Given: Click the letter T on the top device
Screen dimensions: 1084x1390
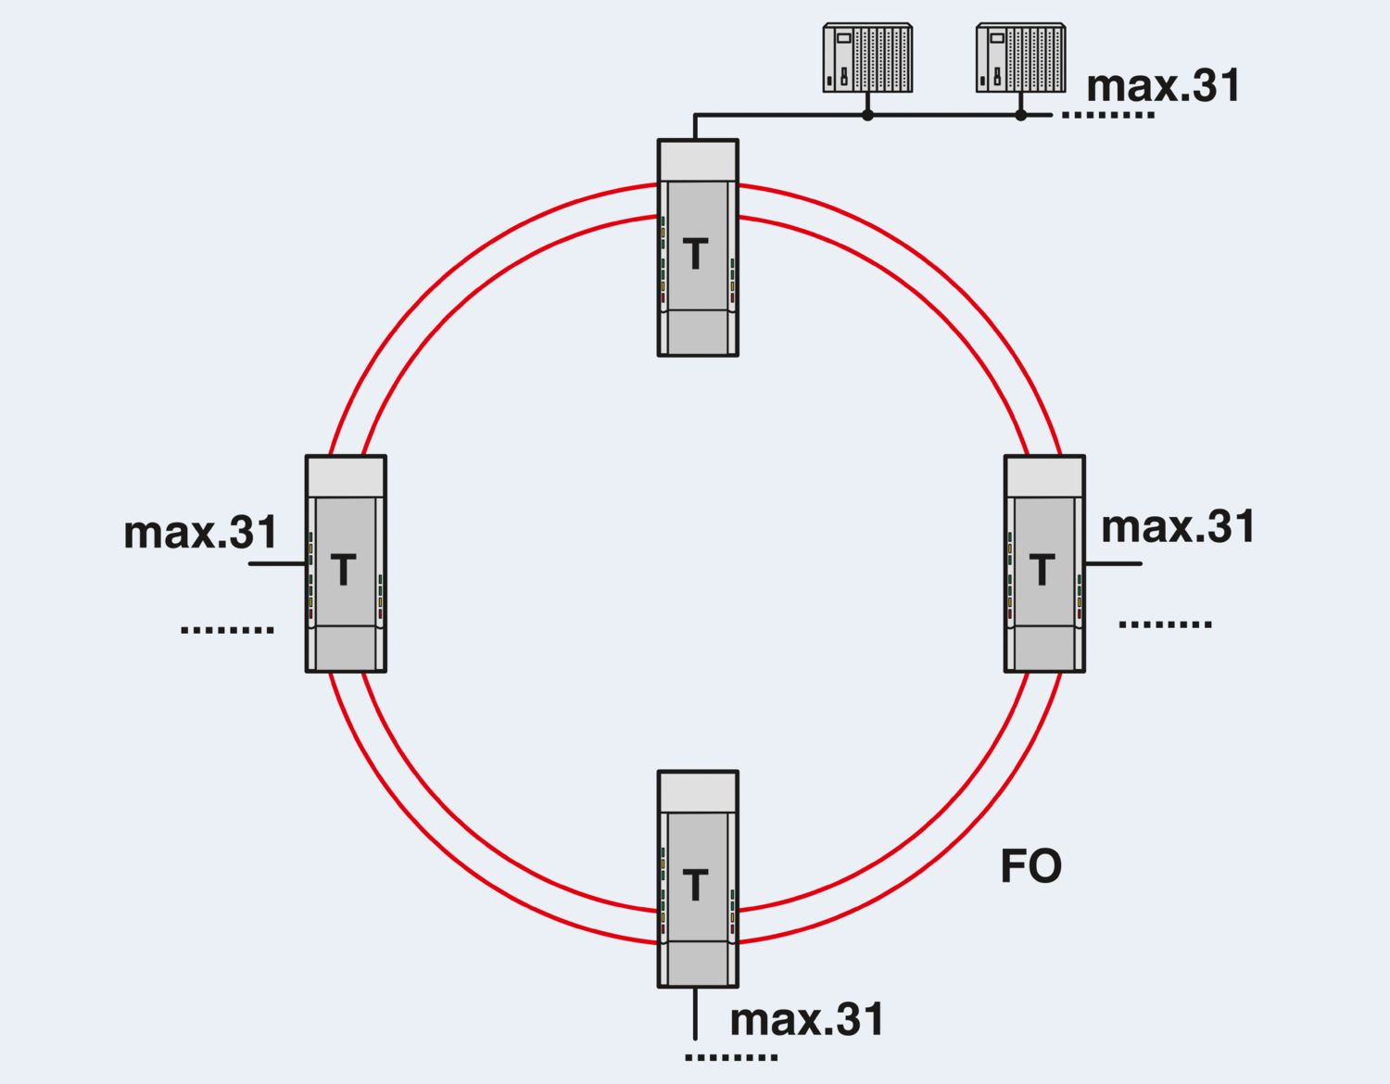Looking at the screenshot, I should [695, 254].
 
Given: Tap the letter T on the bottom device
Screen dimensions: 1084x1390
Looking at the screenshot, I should [695, 885].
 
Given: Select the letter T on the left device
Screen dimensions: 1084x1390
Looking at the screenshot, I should [344, 570].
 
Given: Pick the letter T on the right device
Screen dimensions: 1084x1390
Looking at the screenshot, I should [1042, 570].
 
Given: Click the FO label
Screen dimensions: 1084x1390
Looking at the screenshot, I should [1030, 867].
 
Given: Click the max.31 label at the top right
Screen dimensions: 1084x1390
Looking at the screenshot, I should [1163, 86].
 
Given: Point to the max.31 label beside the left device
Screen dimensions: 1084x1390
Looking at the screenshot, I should [201, 533].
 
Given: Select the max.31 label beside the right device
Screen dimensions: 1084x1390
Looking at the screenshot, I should [1178, 527].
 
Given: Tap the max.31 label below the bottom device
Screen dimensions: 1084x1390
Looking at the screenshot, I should [807, 1019].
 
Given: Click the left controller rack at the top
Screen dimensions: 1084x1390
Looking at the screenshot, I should [867, 58].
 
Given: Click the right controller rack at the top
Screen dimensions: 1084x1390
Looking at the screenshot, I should [1020, 58].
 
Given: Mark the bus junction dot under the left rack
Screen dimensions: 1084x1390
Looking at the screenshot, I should [867, 116].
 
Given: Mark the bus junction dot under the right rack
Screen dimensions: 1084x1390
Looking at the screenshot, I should [1020, 116].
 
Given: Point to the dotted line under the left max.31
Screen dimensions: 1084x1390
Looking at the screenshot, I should [227, 630].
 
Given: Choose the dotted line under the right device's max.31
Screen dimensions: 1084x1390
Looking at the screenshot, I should [1165, 624].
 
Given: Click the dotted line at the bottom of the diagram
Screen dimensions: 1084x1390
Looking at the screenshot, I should [731, 1057].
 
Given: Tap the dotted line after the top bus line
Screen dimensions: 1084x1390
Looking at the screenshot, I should [1107, 116].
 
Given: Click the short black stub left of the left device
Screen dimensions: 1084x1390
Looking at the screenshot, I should [277, 563].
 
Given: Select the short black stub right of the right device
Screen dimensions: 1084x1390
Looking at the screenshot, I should [1113, 563].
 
